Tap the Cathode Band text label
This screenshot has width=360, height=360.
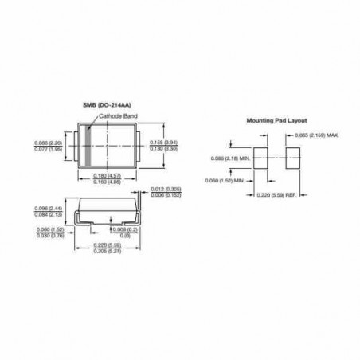click(x=119, y=116)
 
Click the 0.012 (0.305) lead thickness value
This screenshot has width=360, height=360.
click(x=170, y=189)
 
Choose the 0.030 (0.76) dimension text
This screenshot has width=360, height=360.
click(x=52, y=235)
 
